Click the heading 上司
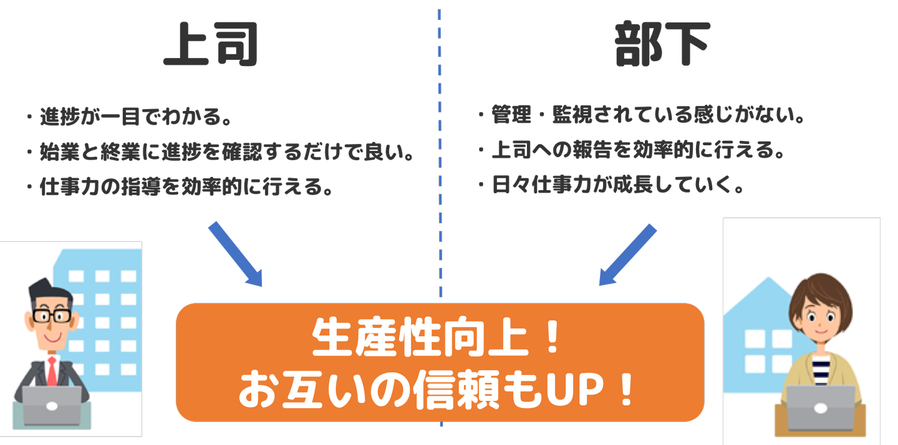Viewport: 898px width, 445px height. (210, 45)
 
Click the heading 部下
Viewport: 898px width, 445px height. (662, 45)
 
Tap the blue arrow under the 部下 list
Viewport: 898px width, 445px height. (627, 254)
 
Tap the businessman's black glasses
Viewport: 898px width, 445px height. (51, 315)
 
